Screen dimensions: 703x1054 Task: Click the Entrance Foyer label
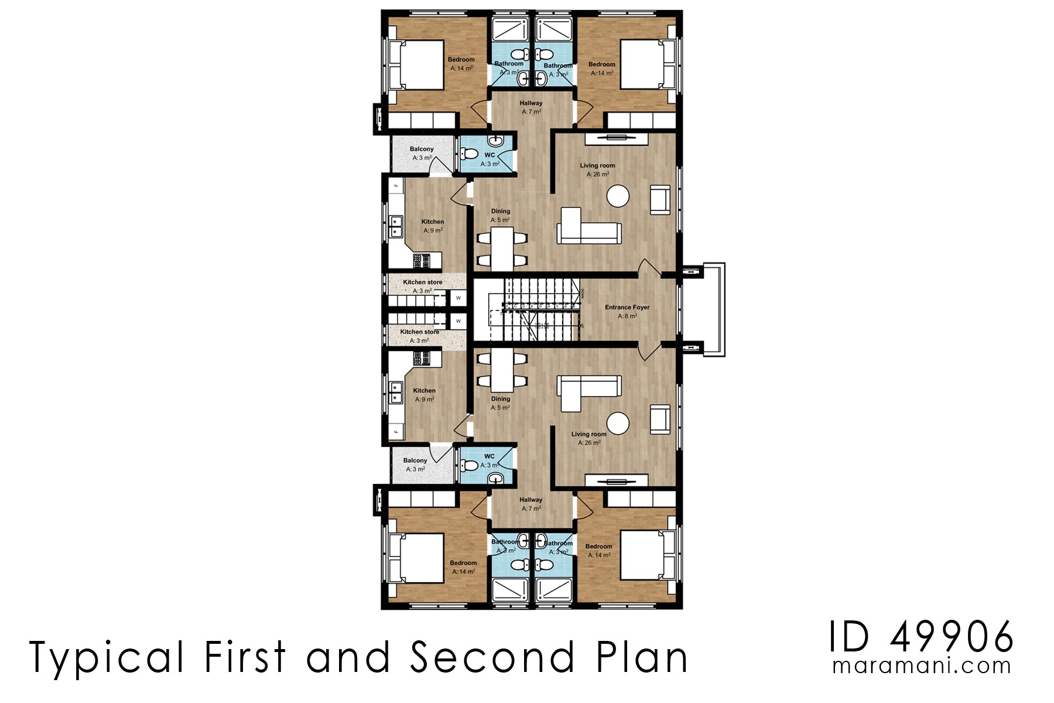627,308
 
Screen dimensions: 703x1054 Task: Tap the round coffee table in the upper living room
618,196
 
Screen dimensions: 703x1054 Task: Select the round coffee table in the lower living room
618,423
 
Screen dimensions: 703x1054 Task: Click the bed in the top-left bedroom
417,64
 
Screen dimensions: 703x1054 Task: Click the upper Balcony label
422,149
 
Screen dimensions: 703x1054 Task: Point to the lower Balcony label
415,460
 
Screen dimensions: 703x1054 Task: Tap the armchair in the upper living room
660,200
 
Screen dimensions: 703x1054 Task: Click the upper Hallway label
531,103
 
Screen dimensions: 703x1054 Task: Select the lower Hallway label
531,500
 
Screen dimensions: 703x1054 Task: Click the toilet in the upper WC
469,154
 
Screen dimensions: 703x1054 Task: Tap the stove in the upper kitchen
422,260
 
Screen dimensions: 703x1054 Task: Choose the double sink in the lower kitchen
396,393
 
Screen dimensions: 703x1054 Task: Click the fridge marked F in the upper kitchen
396,186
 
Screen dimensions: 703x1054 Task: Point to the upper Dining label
501,211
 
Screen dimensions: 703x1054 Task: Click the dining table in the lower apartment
502,370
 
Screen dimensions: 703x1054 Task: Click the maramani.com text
922,666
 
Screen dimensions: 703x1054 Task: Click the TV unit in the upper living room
616,139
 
